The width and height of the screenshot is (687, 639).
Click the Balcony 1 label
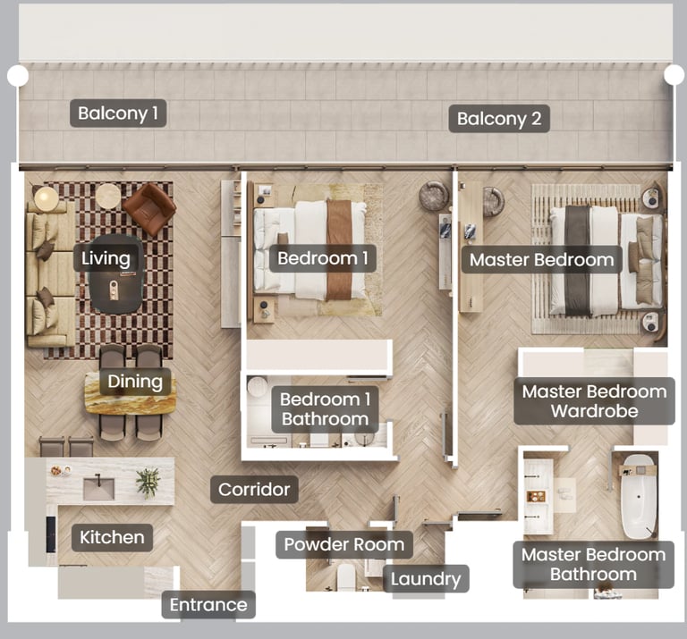pyautogui.click(x=118, y=114)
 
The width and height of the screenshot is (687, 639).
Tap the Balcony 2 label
pyautogui.click(x=499, y=119)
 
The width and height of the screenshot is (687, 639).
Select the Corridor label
pyautogui.click(x=254, y=490)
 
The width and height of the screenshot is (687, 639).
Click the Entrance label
pyautogui.click(x=208, y=605)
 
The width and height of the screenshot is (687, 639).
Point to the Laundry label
pyautogui.click(x=426, y=578)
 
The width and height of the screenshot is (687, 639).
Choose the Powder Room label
pyautogui.click(x=344, y=544)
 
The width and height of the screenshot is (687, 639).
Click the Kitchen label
pyautogui.click(x=112, y=537)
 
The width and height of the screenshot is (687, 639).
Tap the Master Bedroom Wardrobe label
pyautogui.click(x=594, y=401)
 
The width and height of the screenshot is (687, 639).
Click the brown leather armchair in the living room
pyautogui.click(x=149, y=209)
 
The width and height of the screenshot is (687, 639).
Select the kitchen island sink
pyautogui.click(x=98, y=488)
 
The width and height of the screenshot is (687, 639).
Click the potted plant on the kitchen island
pyautogui.click(x=148, y=483)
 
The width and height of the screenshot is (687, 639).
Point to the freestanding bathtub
pyautogui.click(x=640, y=497)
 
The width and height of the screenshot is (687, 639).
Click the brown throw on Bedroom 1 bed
pyautogui.click(x=339, y=250)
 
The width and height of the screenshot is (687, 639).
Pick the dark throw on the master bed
pyautogui.click(x=578, y=260)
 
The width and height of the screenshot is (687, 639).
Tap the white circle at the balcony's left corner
pyautogui.click(x=18, y=76)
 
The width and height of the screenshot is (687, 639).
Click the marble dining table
pyautogui.click(x=131, y=393)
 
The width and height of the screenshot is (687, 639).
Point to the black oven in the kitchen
pyautogui.click(x=51, y=534)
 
